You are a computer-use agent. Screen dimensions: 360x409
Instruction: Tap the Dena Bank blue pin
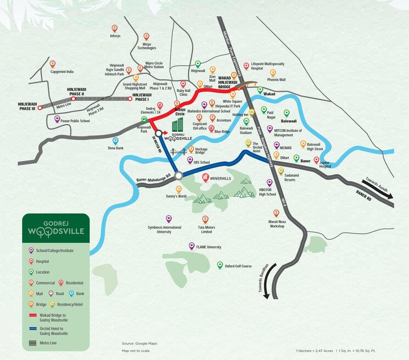point(108,141)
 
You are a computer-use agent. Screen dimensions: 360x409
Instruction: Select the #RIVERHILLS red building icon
point(205,178)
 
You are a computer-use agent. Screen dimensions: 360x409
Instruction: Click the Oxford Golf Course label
point(238,266)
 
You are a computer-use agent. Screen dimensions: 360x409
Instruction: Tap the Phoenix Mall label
point(276,80)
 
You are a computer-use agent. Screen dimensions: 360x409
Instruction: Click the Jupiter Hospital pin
point(316,160)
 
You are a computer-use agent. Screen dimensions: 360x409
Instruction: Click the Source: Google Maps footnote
point(139,344)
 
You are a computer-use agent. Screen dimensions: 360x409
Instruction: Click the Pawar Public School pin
point(57,119)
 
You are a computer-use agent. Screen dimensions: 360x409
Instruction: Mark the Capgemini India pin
point(53,64)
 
